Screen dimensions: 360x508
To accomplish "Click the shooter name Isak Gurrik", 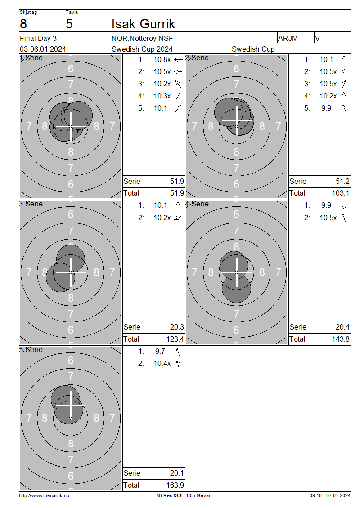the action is [x=143, y=24].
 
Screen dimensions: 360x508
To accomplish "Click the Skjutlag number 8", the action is [x=23, y=24].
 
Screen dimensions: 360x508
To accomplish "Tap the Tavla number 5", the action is [x=69, y=24].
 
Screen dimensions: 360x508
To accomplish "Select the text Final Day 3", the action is [x=38, y=39].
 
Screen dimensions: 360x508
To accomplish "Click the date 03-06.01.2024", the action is [x=43, y=49].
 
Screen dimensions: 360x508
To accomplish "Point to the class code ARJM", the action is [x=288, y=39].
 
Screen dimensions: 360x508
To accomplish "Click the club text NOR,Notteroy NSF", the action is [x=142, y=39].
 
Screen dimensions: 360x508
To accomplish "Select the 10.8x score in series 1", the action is [x=162, y=60].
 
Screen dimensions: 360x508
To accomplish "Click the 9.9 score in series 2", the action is [x=326, y=108].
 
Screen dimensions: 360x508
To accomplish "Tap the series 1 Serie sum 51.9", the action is [x=177, y=182].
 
